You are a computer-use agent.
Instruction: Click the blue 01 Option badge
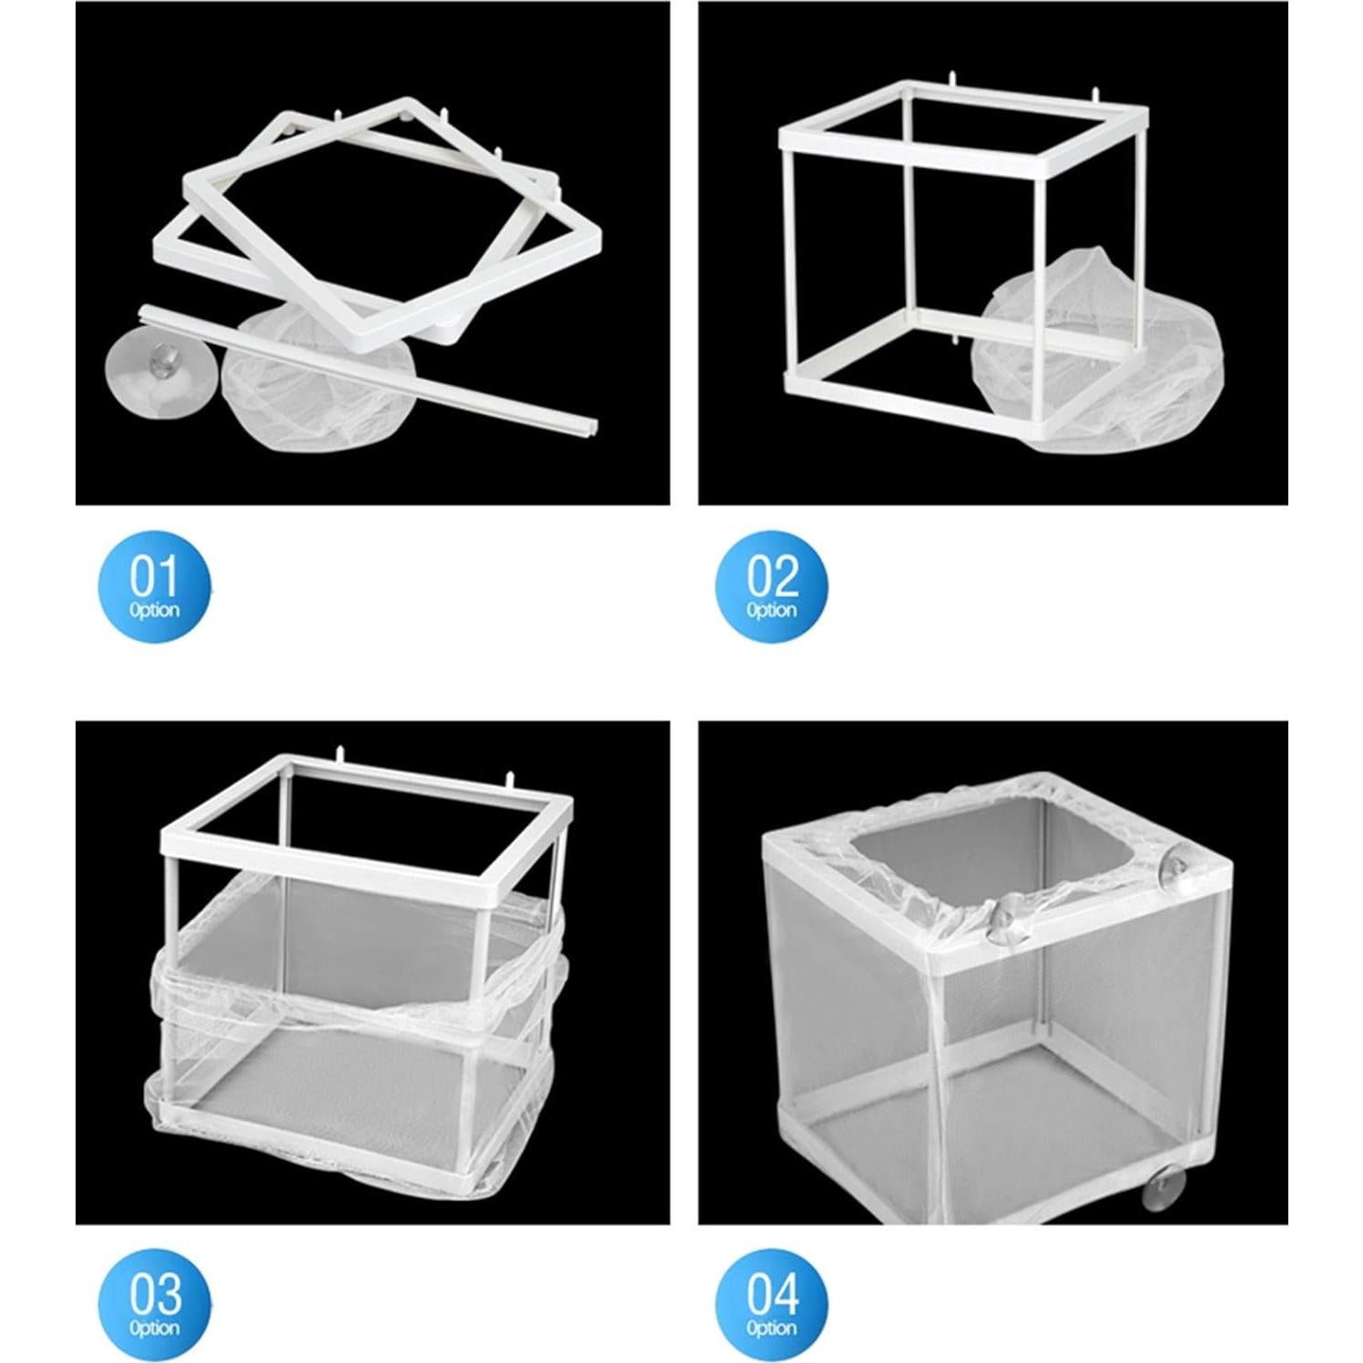click(x=155, y=586)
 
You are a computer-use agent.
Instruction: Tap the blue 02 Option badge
click(x=772, y=586)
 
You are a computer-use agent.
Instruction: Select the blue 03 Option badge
click(x=155, y=1305)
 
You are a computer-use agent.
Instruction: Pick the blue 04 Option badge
click(x=772, y=1305)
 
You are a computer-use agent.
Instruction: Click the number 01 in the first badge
click(x=155, y=576)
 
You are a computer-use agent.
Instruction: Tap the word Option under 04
click(x=772, y=1328)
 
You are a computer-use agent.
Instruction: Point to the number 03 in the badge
click(x=155, y=1294)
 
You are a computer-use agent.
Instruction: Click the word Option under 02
click(x=772, y=610)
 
